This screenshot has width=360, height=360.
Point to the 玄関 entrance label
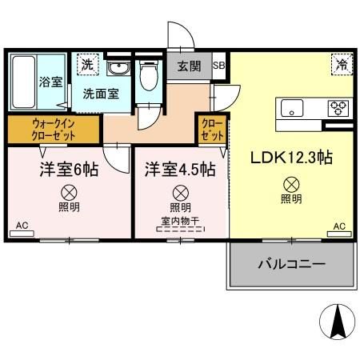click(190, 66)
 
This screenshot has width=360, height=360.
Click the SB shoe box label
click(219, 66)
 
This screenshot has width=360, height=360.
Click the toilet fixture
click(146, 78)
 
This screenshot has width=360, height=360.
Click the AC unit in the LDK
click(339, 232)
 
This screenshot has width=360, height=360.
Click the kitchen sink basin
click(289, 107)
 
